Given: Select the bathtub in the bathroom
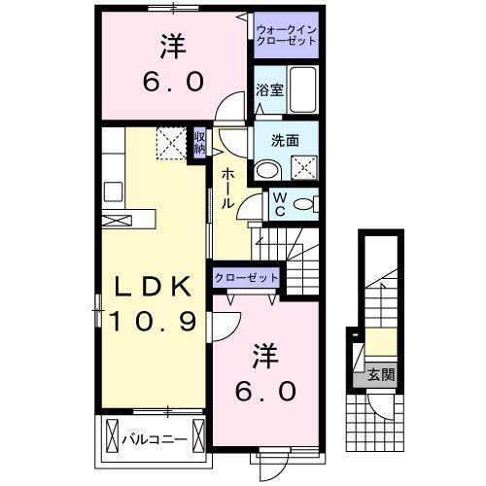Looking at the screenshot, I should click(303, 89).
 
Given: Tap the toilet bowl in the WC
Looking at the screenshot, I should click(303, 204).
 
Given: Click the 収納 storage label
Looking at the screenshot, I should click(199, 143).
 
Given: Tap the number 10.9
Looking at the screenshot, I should click(153, 319).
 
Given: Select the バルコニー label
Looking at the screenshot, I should click(155, 439).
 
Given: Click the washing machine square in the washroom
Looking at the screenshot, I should click(306, 167).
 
